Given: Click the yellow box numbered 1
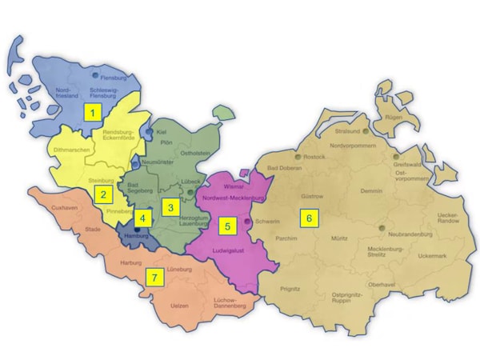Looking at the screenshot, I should point(94,112).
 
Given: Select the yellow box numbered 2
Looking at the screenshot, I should point(102,194).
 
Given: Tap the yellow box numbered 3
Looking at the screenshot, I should point(169,208).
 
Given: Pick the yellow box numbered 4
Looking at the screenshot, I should point(142,217).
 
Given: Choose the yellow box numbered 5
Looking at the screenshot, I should point(227,226).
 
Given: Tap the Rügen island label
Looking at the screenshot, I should point(394,117).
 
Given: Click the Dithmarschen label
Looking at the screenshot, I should point(70,150).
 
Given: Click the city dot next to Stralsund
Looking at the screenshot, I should point(366,130).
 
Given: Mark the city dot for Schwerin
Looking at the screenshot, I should point(249,221).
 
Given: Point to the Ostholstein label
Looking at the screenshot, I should point(194,154).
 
